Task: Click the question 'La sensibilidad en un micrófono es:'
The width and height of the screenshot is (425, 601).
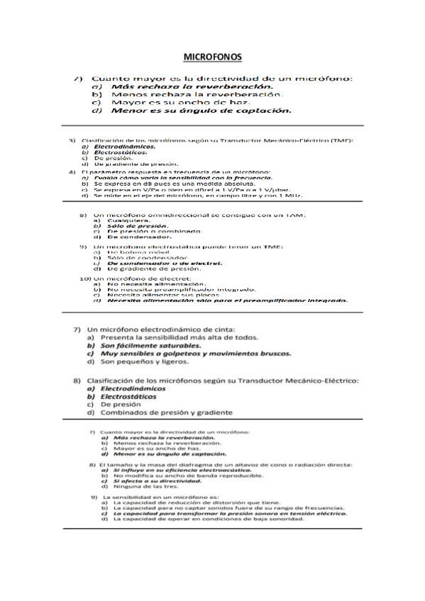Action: pos(156,498)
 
